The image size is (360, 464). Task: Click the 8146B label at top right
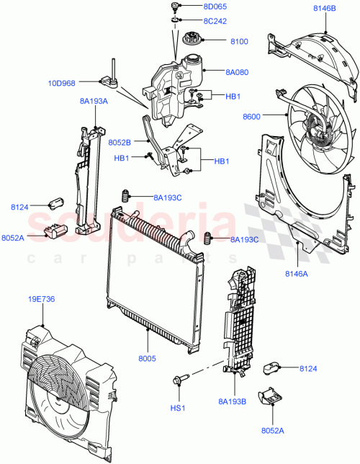pyautogui.click(x=325, y=8)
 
